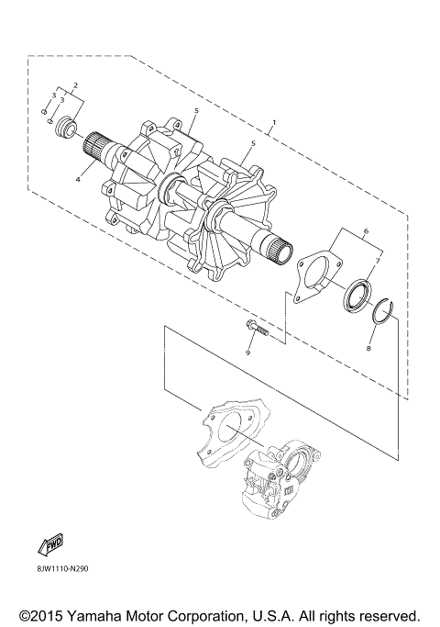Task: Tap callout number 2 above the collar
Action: point(75,84)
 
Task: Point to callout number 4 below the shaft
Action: point(78,180)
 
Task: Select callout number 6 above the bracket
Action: point(366,230)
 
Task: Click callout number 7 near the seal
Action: point(378,261)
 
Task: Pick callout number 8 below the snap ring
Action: point(368,348)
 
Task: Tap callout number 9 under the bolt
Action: point(247,353)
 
